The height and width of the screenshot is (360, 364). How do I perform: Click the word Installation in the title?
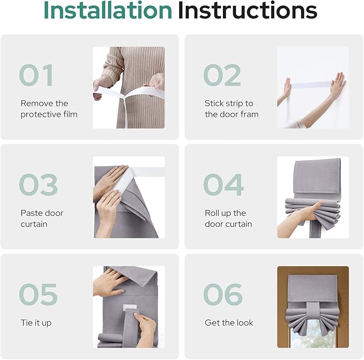click(x=108, y=10)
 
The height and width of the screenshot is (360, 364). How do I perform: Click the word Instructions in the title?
click(x=248, y=10)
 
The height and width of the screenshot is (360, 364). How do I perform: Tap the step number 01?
click(x=36, y=75)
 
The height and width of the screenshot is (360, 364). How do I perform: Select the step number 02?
click(x=222, y=75)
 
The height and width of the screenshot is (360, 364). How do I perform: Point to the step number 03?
click(x=38, y=185)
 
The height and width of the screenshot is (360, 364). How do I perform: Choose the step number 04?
click(x=224, y=185)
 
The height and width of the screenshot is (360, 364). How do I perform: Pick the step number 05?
click(x=38, y=294)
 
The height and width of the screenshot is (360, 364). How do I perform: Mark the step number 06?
click(x=223, y=294)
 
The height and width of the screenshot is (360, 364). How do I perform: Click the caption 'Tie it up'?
click(x=36, y=323)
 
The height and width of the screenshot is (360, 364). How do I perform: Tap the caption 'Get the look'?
click(x=229, y=322)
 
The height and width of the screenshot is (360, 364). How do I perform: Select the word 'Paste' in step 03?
click(x=31, y=213)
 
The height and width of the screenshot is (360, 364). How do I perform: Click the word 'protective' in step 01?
click(x=38, y=115)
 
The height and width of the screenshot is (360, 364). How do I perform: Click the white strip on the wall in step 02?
click(x=311, y=85)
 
